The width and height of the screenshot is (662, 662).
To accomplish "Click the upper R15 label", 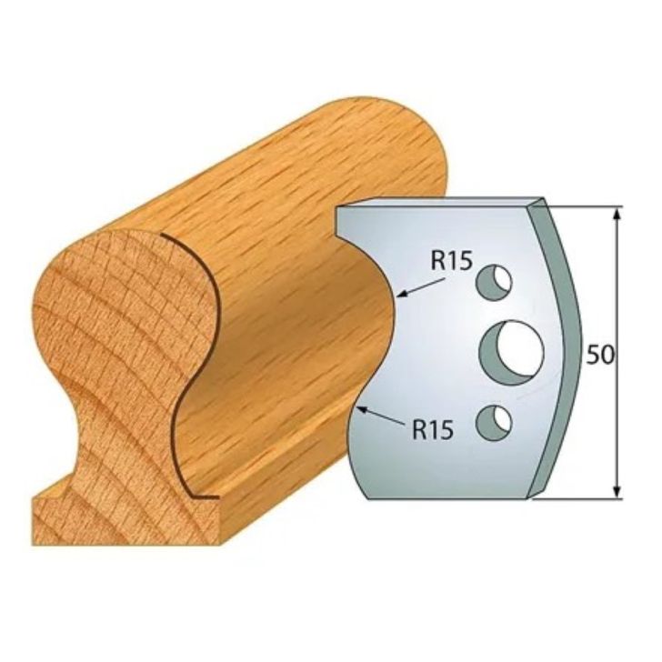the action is coord(450,262).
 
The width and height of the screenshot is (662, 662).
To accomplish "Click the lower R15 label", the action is coord(432,430).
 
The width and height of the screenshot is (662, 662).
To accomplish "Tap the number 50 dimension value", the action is coord(599,356).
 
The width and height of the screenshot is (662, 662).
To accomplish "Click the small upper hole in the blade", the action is coord(493,282).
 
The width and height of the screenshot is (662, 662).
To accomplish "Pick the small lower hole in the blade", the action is coord(493,421).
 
